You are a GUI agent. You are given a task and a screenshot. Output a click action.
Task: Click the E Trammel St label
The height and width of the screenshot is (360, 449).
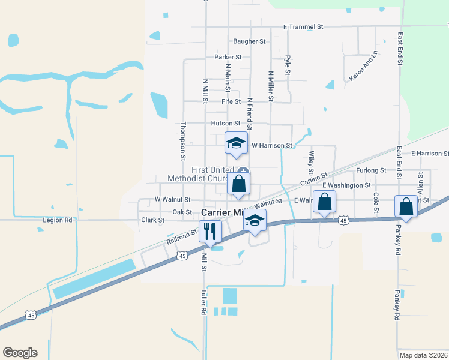coord(303,27)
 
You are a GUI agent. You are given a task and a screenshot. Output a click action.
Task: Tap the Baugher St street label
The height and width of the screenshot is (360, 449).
coord(249,41)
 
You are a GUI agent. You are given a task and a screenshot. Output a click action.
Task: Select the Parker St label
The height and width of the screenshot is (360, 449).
coord(228,57)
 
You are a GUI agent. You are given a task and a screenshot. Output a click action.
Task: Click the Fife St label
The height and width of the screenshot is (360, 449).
coord(231,102)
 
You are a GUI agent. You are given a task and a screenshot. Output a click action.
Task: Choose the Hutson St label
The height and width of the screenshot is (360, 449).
coord(225,123)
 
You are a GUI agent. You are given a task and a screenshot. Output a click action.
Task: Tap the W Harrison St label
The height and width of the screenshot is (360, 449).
coord(271,145)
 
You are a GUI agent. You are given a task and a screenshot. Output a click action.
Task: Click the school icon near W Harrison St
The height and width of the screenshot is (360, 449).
coord(236,143)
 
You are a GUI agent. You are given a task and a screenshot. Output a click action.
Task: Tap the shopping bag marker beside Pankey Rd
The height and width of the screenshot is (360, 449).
coord(406,206)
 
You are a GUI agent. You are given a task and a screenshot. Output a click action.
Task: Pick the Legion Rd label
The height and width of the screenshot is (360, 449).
coord(58,220)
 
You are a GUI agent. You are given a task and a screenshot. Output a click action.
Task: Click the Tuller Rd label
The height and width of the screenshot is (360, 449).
coord(203,302)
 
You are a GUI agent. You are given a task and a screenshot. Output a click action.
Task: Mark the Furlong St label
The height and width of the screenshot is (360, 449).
coord(369,170)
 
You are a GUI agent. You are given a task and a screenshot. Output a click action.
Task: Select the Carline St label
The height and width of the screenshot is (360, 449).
coord(314,179)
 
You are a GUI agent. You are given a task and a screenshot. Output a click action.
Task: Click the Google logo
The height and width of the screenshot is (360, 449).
coord(20,353)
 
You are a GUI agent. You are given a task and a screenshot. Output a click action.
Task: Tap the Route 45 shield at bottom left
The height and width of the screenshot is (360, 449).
coord(31,315)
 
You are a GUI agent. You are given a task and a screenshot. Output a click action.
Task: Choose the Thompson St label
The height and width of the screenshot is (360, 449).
coord(183,142)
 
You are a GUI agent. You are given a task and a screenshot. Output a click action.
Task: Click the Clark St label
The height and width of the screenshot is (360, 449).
coord(152,220)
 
